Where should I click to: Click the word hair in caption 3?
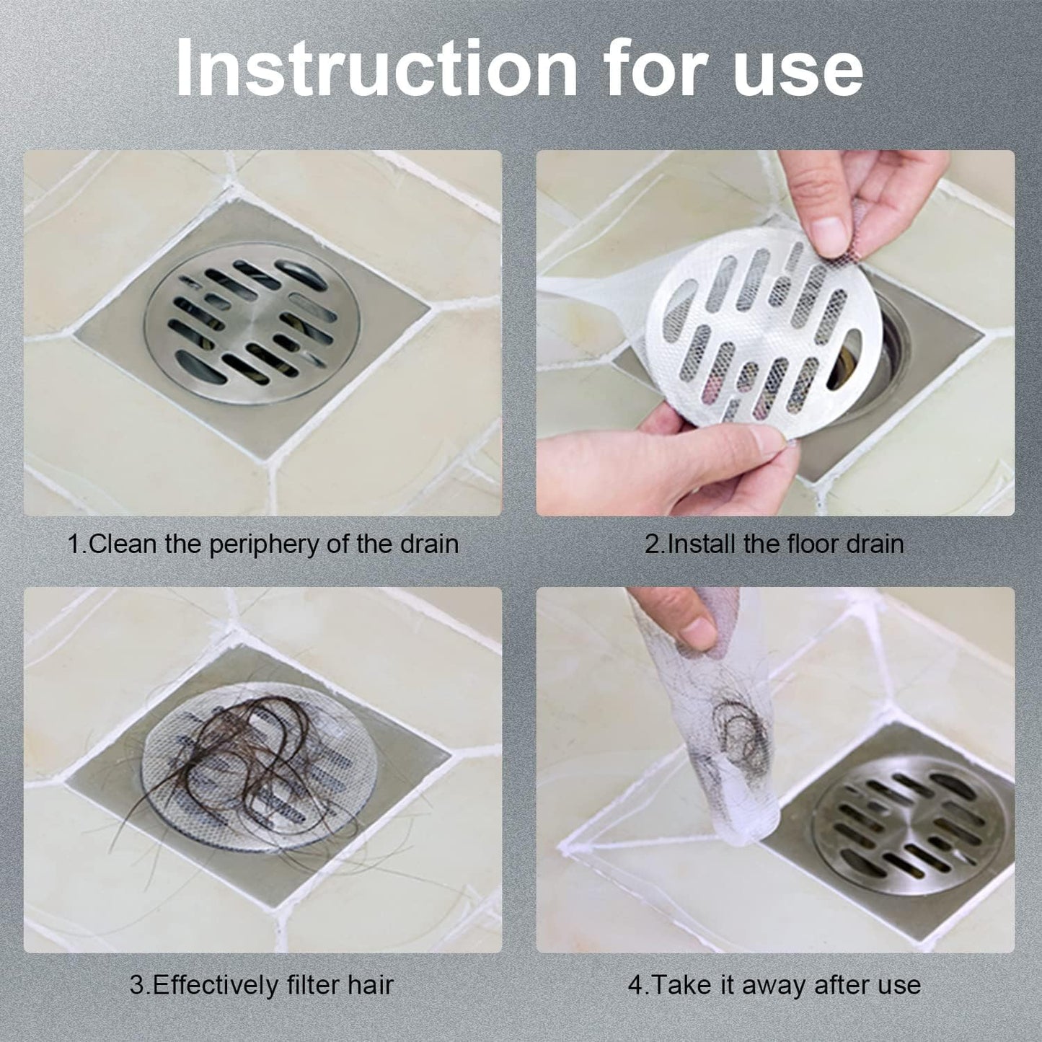point(370,985)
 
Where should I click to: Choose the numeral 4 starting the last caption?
point(635,985)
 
